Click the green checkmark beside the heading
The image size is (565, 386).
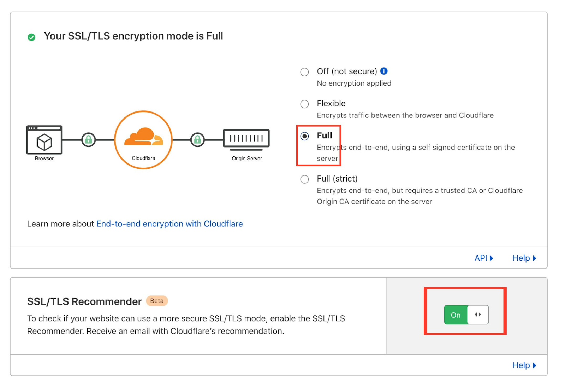pyautogui.click(x=31, y=37)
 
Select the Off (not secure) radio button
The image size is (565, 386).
pyautogui.click(x=304, y=72)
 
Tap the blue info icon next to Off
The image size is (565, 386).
pyautogui.click(x=384, y=71)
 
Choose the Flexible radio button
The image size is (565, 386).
pyautogui.click(x=304, y=104)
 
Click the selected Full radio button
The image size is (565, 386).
pyautogui.click(x=304, y=136)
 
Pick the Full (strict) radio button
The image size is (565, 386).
pyautogui.click(x=304, y=179)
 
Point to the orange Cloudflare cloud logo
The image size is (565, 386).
pyautogui.click(x=143, y=137)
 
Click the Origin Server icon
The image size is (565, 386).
pyautogui.click(x=246, y=138)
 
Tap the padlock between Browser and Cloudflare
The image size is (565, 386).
pyautogui.click(x=88, y=140)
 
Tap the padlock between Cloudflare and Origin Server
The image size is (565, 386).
pyautogui.click(x=197, y=140)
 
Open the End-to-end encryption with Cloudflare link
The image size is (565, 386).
pyautogui.click(x=169, y=224)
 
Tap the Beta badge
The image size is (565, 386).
pyautogui.click(x=157, y=301)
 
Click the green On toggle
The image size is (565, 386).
pyautogui.click(x=456, y=315)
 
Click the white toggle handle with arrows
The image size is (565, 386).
pyautogui.click(x=478, y=315)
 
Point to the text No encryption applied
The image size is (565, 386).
pyautogui.click(x=354, y=83)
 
